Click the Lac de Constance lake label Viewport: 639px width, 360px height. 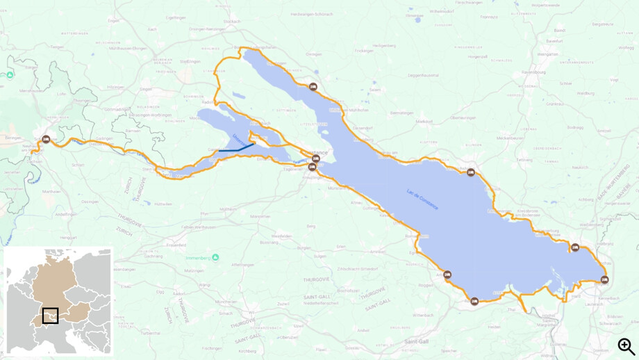click(x=422, y=199)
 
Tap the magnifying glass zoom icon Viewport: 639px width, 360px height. click(x=626, y=345)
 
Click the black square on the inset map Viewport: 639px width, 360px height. click(x=50, y=316)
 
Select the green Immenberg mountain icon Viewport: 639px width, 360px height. click(x=215, y=257)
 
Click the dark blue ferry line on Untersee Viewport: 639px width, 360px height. click(x=236, y=149)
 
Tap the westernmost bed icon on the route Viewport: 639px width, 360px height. click(x=46, y=139)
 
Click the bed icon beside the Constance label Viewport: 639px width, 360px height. click(x=316, y=159)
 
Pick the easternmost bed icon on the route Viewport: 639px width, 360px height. click(x=604, y=280)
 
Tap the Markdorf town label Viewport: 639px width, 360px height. click(x=424, y=121)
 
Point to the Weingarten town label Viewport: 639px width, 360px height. click(x=547, y=54)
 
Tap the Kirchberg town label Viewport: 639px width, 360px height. click(x=247, y=351)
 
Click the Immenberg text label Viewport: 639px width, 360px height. click(x=198, y=258)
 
